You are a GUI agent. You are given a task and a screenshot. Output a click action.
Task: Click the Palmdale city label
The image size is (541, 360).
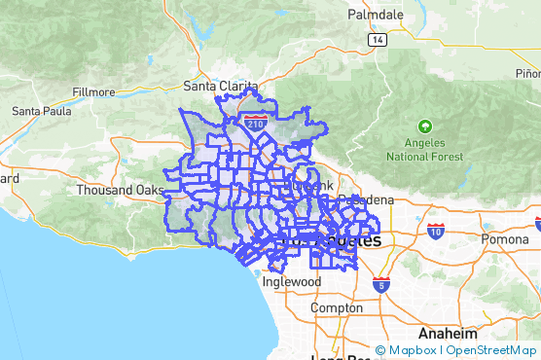tap(377, 15)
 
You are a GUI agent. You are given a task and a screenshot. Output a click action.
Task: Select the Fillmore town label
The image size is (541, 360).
tap(92, 92)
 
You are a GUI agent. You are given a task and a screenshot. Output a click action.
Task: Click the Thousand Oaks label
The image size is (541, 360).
tap(121, 190)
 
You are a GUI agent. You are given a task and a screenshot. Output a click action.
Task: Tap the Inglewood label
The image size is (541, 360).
tap(291, 281)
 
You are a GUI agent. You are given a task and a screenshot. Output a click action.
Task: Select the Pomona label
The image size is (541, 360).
tap(503, 238)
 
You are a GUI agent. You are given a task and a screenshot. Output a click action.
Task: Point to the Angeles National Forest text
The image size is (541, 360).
tap(425, 149)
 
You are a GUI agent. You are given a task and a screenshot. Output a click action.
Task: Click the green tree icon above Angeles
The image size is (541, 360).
tap(424, 126)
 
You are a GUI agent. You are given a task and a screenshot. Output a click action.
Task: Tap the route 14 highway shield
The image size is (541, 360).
tap(376, 39)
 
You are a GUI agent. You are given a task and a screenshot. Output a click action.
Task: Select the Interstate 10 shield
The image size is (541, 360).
tap(434, 231)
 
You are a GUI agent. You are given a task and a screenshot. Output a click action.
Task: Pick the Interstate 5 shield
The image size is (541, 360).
tap(381, 284)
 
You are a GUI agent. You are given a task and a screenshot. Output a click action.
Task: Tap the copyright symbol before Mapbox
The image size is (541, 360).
tap(380, 350)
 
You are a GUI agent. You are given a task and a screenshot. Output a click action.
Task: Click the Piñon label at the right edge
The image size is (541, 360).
tap(527, 73)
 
